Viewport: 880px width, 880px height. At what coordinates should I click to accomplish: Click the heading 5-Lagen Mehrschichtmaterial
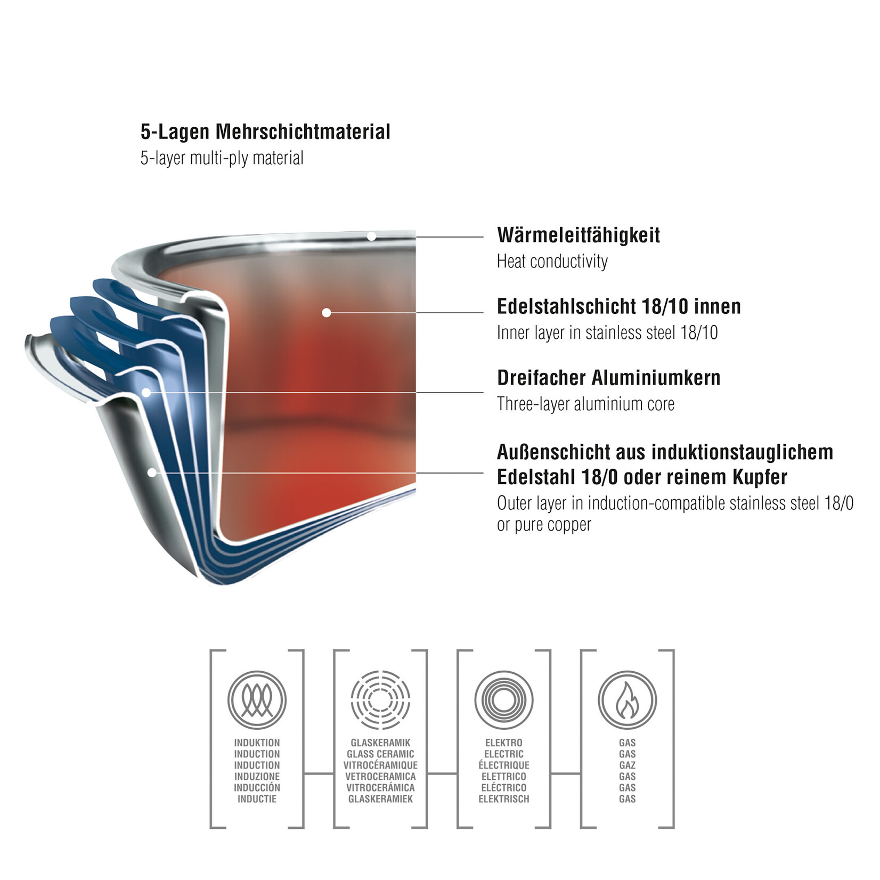(x=265, y=132)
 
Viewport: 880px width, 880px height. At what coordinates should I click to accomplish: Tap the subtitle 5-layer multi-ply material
(x=222, y=158)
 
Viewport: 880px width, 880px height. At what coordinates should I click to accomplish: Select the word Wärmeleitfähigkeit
(x=578, y=235)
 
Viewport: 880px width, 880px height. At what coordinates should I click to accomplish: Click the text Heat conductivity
(x=552, y=261)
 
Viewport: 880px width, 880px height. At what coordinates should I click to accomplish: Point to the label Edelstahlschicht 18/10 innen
(x=619, y=306)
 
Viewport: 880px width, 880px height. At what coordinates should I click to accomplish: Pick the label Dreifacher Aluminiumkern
(x=609, y=378)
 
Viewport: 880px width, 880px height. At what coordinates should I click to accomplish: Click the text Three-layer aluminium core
(x=585, y=404)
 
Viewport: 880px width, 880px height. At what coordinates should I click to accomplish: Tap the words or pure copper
(x=544, y=525)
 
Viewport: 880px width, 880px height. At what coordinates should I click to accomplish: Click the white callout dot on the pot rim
(x=372, y=237)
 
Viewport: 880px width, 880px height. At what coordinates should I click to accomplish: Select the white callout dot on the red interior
(x=327, y=313)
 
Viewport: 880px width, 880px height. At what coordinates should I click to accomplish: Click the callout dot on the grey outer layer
(x=152, y=472)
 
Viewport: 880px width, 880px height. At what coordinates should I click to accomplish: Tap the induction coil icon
(x=257, y=700)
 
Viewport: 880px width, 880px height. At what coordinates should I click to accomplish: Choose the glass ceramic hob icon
(x=380, y=700)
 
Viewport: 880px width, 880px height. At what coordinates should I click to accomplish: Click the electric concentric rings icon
(x=504, y=700)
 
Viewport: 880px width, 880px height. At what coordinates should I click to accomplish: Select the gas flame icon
(x=627, y=700)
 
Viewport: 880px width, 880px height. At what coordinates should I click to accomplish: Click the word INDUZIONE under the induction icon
(x=257, y=776)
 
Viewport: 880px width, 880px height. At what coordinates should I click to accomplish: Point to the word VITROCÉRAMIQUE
(x=380, y=765)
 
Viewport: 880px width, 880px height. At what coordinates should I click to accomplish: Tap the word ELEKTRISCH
(x=504, y=798)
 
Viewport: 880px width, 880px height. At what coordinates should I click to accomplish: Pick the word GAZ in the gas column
(x=628, y=765)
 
